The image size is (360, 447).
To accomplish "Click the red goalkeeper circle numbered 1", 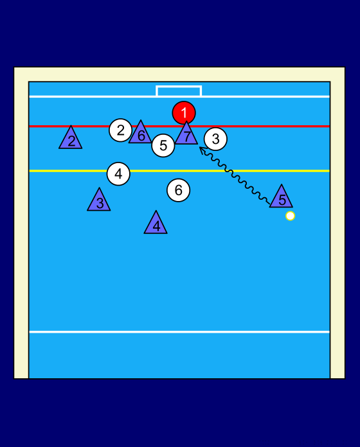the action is pos(184,113).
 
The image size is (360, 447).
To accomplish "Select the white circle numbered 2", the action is pos(121,130).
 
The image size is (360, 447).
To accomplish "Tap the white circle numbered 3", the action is pos(215,139).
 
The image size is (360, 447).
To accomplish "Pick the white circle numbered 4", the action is pos(118,173).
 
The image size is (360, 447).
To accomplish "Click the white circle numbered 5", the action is pos(163,145).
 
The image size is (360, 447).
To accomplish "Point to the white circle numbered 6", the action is pos(178,190).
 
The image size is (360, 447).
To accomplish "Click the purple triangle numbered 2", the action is pos(71,139).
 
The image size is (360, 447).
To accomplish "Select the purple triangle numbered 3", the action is pos(99,202).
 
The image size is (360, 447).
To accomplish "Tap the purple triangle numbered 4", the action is pos(156,224).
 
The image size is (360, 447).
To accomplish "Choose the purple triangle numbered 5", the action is pos(282,198).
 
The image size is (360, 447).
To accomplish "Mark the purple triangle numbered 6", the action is pos(140,134).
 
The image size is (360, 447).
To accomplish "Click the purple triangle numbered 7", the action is pos(186,135).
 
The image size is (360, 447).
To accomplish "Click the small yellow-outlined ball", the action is pos(290,216).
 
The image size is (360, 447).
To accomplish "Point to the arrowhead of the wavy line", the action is pos(200,148).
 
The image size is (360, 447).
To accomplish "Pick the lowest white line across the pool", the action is pos(179,332).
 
